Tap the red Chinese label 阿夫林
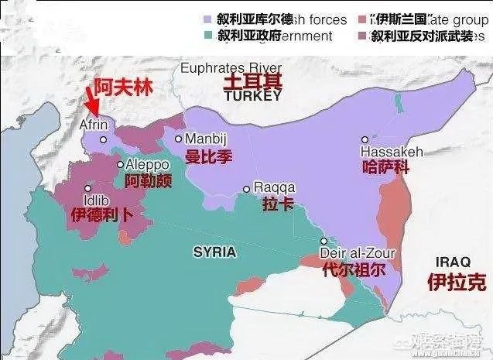point(119,87)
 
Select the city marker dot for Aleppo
point(120,164)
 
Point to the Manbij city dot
point(179,139)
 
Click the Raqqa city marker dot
point(247,188)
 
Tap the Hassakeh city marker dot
point(365,139)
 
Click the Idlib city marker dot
point(87,188)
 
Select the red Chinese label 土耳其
point(252,82)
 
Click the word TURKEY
point(252,97)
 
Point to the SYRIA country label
point(214,252)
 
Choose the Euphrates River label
point(231,68)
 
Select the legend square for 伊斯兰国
point(361,19)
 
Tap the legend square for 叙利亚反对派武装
point(361,36)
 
